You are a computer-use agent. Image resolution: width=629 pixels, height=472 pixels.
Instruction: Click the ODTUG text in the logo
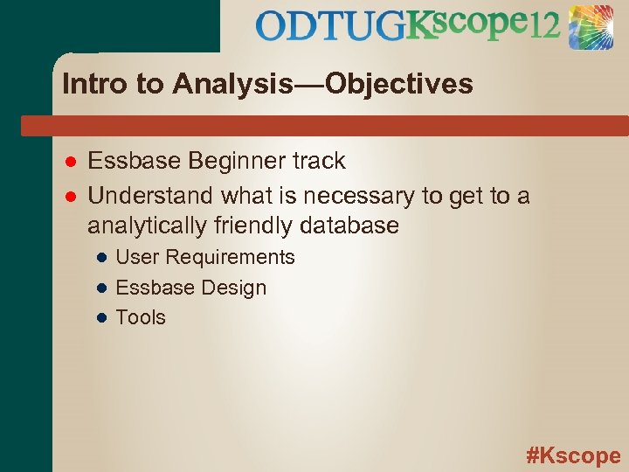click(330, 26)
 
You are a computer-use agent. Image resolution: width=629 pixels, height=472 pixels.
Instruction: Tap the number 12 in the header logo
click(543, 26)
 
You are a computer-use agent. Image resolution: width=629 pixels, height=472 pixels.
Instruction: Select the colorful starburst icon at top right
click(591, 26)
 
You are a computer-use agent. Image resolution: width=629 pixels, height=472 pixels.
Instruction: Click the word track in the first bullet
click(321, 162)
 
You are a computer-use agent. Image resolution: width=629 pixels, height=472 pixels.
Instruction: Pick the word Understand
click(152, 194)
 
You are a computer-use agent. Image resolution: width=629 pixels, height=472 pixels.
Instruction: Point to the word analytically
click(148, 226)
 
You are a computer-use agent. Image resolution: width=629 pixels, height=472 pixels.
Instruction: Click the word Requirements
click(231, 257)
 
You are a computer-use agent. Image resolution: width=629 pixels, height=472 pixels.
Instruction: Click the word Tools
click(141, 317)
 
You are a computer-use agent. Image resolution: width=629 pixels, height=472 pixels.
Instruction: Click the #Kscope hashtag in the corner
click(573, 455)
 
